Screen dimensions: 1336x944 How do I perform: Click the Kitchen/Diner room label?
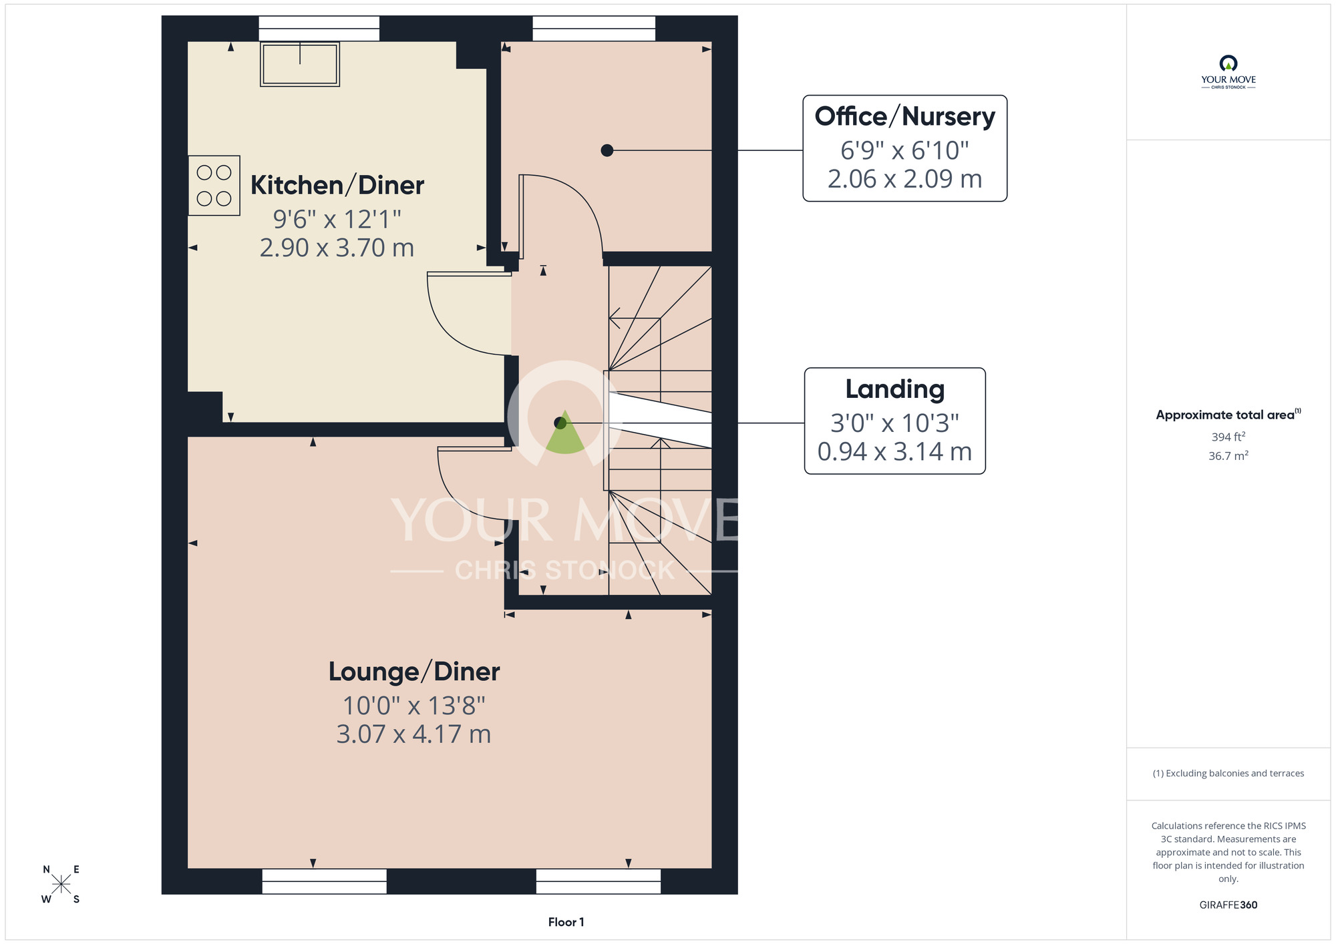[337, 186]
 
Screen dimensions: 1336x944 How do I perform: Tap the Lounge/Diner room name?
[414, 672]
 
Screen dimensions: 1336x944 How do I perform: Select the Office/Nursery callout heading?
[905, 116]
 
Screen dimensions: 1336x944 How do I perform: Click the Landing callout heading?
[895, 389]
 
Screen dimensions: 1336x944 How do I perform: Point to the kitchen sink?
[300, 64]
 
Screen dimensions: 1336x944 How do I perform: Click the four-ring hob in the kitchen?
[214, 186]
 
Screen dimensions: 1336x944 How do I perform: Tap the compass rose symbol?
[61, 885]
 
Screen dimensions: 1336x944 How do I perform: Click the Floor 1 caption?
[566, 922]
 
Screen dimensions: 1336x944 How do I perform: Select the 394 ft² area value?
[1228, 437]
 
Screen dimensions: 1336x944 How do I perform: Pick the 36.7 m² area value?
[1228, 455]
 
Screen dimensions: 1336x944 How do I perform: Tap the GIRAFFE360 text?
[1228, 905]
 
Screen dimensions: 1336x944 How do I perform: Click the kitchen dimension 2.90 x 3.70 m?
[337, 248]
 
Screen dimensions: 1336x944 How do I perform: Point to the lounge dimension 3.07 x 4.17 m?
[414, 734]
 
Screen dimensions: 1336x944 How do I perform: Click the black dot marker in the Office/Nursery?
[607, 150]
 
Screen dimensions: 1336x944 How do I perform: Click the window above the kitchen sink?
[319, 29]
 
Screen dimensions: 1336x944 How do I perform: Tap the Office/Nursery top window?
[594, 29]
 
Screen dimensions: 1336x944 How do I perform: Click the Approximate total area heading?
[1228, 415]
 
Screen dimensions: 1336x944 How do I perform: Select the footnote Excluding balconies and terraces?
[1228, 773]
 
